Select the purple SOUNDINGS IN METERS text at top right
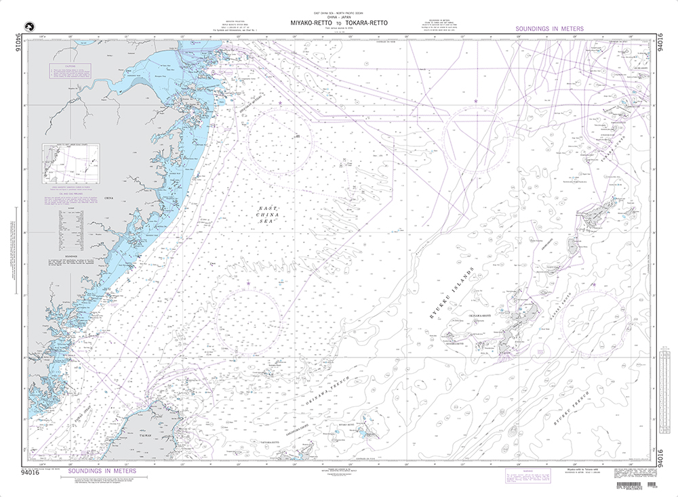coord(549,29)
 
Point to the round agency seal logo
coord(28,27)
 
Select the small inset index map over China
coord(70,163)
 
